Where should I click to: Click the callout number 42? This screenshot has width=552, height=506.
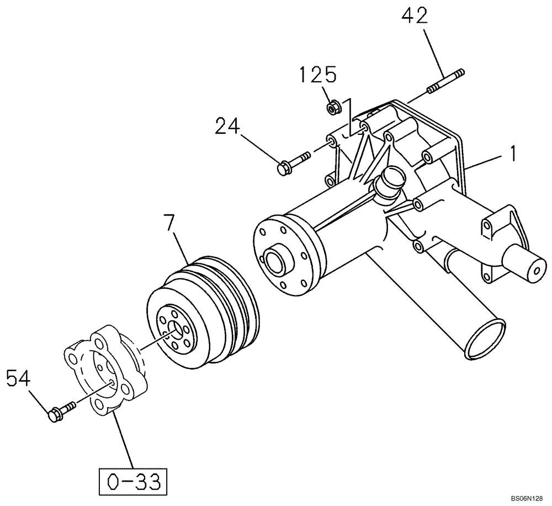point(415,17)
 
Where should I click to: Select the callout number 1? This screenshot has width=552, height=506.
point(513,153)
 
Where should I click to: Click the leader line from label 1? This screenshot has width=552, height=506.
point(486,160)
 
